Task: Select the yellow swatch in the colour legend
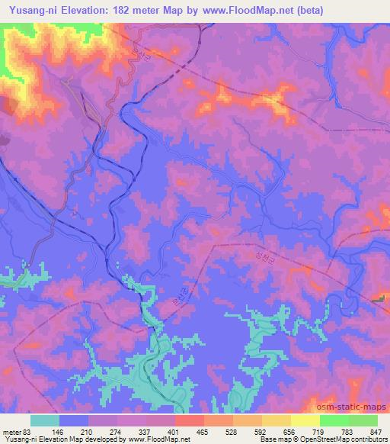pyautogui.click(x=305, y=420)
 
